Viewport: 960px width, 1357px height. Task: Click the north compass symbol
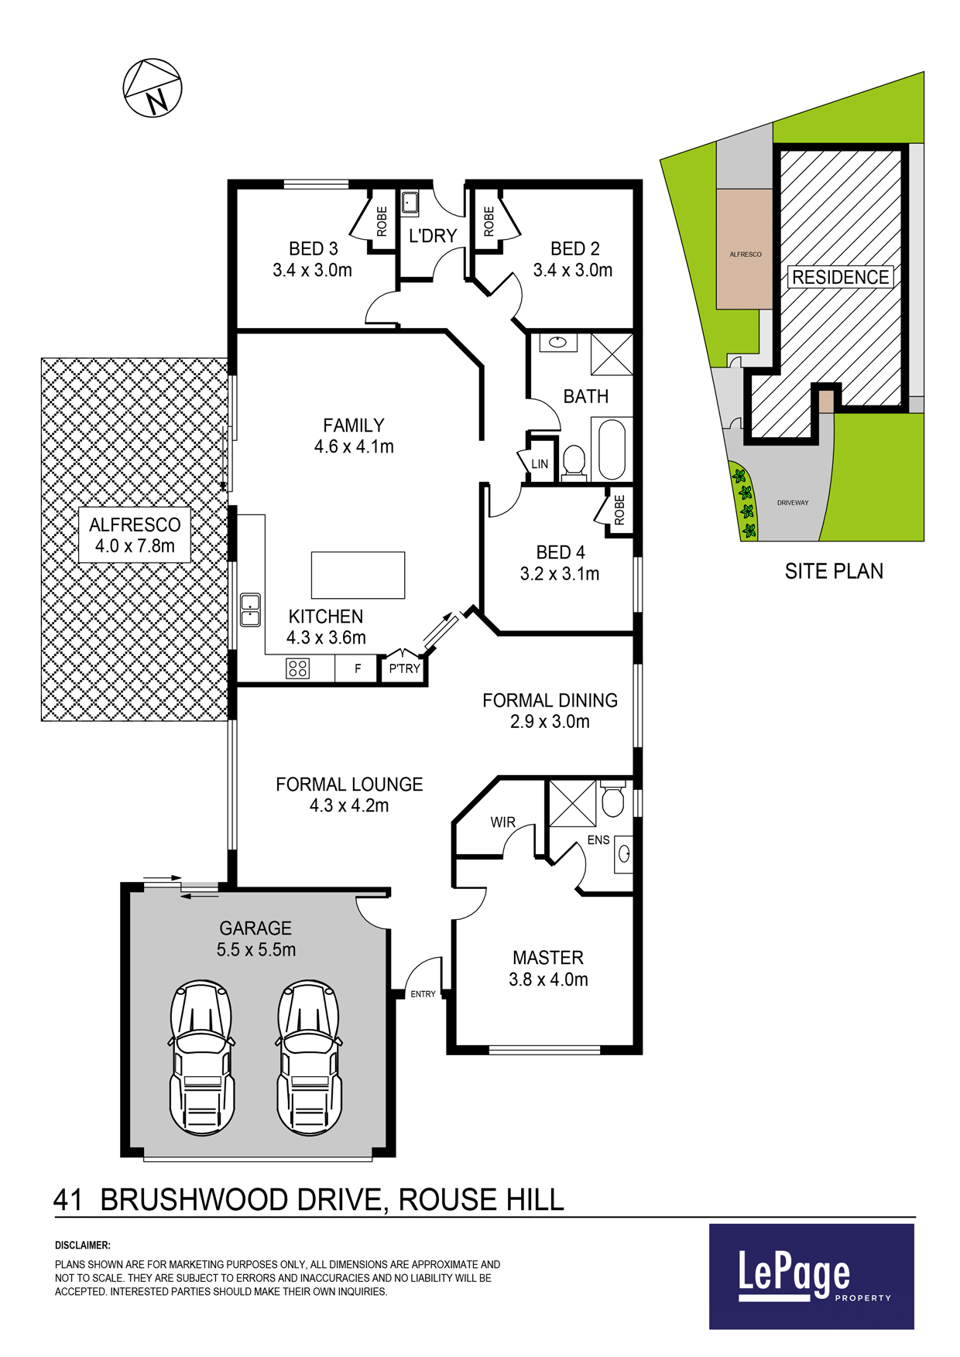153,87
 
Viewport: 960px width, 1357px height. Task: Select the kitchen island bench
358,575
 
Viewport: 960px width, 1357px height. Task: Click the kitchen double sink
250,610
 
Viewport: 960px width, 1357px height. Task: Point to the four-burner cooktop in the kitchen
298,668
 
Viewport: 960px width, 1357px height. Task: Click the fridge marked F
358,668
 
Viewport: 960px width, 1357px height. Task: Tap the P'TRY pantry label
404,668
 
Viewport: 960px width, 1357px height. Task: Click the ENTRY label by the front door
423,994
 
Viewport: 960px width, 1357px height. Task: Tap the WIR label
502,822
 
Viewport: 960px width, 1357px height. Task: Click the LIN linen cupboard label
540,464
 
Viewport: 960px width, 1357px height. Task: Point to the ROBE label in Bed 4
619,511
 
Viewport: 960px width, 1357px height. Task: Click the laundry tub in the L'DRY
410,203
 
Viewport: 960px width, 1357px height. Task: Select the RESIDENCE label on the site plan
840,277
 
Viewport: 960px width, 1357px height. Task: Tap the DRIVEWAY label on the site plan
793,503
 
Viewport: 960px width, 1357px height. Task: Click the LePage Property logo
811,1277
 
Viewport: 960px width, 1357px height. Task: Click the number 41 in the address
68,1200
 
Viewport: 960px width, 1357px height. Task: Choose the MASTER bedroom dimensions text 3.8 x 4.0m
548,979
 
